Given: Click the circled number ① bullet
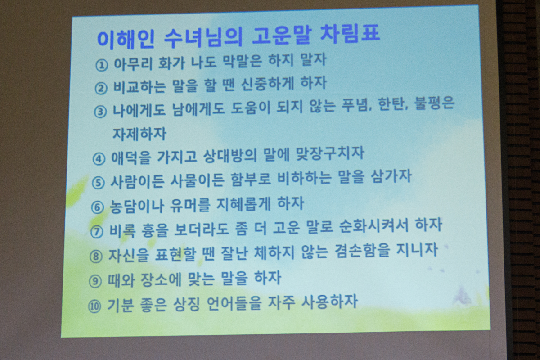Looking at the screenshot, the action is (102, 65).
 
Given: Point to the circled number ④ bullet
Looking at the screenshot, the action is (99, 159).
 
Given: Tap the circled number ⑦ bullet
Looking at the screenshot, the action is (97, 232).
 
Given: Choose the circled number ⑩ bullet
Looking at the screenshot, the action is (94, 306).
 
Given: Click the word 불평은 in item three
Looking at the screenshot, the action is (434, 103).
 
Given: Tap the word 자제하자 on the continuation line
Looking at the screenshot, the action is (139, 134).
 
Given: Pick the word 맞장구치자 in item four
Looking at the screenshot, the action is (330, 154).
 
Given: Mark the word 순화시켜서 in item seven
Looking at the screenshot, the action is (373, 226).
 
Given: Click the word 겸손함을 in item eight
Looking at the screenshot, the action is (362, 251).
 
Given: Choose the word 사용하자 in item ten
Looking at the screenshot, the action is (329, 301).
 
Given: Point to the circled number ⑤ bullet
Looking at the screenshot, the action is (98, 183).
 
